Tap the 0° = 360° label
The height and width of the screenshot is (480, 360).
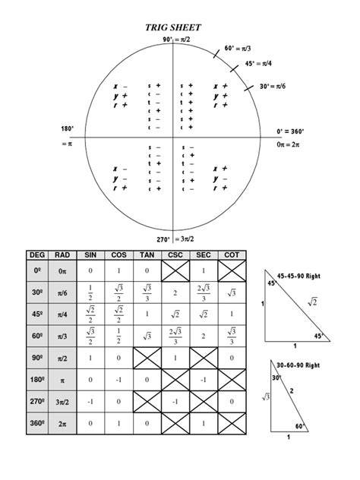pyautogui.click(x=292, y=131)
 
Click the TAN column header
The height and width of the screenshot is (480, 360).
pyautogui.click(x=147, y=254)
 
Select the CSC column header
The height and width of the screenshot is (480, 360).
pyautogui.click(x=175, y=254)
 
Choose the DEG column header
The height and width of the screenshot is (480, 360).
pyautogui.click(x=36, y=254)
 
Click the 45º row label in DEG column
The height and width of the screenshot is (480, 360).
pyautogui.click(x=36, y=313)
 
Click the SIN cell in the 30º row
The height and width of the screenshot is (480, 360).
pyautogui.click(x=91, y=292)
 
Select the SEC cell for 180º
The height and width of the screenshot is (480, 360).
pyautogui.click(x=204, y=377)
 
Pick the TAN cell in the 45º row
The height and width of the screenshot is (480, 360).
pyautogui.click(x=147, y=313)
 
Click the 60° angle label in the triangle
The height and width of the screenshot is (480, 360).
pyautogui.click(x=301, y=427)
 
